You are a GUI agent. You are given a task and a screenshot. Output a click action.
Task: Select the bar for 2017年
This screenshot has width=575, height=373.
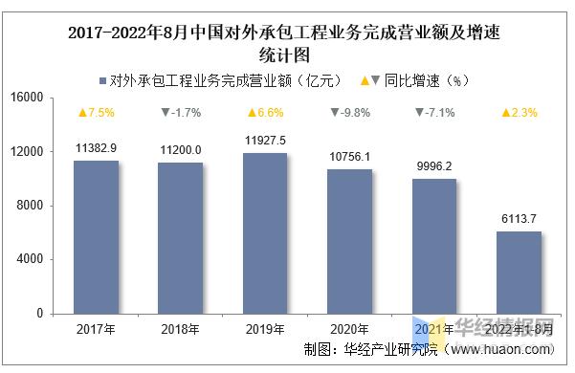(96, 237)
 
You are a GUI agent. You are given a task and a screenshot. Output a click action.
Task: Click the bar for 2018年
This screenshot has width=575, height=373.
(181, 238)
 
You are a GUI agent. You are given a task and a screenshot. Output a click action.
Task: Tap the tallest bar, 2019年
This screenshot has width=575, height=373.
(265, 233)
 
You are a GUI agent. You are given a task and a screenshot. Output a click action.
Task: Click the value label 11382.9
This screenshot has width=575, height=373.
(96, 148)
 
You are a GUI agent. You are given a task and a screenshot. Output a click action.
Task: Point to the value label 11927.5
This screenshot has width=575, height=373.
(265, 141)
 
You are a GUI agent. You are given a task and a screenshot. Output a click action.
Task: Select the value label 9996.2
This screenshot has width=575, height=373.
(434, 166)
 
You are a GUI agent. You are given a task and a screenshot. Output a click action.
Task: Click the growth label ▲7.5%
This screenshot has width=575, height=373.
(96, 113)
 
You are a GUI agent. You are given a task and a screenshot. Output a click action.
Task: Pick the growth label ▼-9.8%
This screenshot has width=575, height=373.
(350, 113)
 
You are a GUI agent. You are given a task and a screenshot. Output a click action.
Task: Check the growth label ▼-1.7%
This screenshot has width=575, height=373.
(181, 113)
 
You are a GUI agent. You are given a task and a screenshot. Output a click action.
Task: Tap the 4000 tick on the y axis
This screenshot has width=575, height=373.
(31, 259)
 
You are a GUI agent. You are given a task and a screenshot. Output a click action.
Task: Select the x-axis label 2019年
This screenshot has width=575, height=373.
(265, 329)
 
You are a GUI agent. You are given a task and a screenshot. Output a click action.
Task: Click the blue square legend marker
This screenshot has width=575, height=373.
(102, 80)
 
